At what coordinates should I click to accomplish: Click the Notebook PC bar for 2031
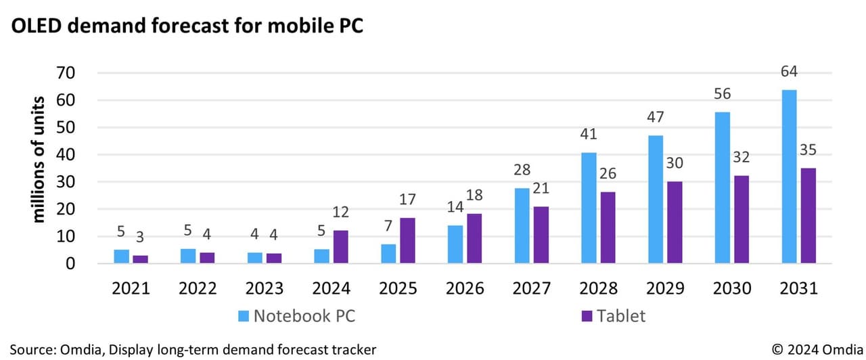(x=789, y=176)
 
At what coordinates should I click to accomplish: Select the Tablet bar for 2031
(x=807, y=215)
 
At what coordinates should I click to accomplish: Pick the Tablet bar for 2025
(x=407, y=240)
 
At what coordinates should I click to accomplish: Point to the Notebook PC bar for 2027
(x=522, y=225)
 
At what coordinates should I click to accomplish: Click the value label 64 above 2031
(x=789, y=71)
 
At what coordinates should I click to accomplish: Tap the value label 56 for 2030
(x=723, y=93)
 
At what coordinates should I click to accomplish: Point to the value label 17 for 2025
(x=407, y=200)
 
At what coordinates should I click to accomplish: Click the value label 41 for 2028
(x=589, y=134)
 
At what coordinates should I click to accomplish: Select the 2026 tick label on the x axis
(x=465, y=288)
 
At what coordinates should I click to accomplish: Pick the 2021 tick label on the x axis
(x=131, y=288)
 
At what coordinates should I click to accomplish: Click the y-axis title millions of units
(x=39, y=160)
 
